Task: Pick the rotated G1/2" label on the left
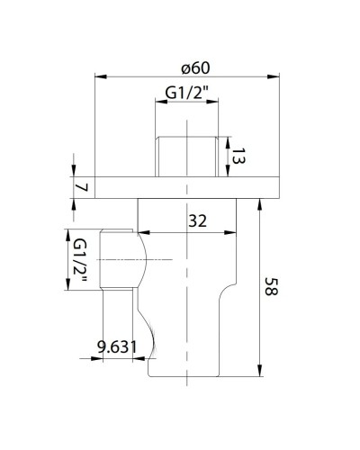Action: coord(79,261)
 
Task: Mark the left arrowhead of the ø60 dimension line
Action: coord(97,78)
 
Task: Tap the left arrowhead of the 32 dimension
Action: coord(140,233)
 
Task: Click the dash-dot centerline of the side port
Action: coord(135,260)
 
